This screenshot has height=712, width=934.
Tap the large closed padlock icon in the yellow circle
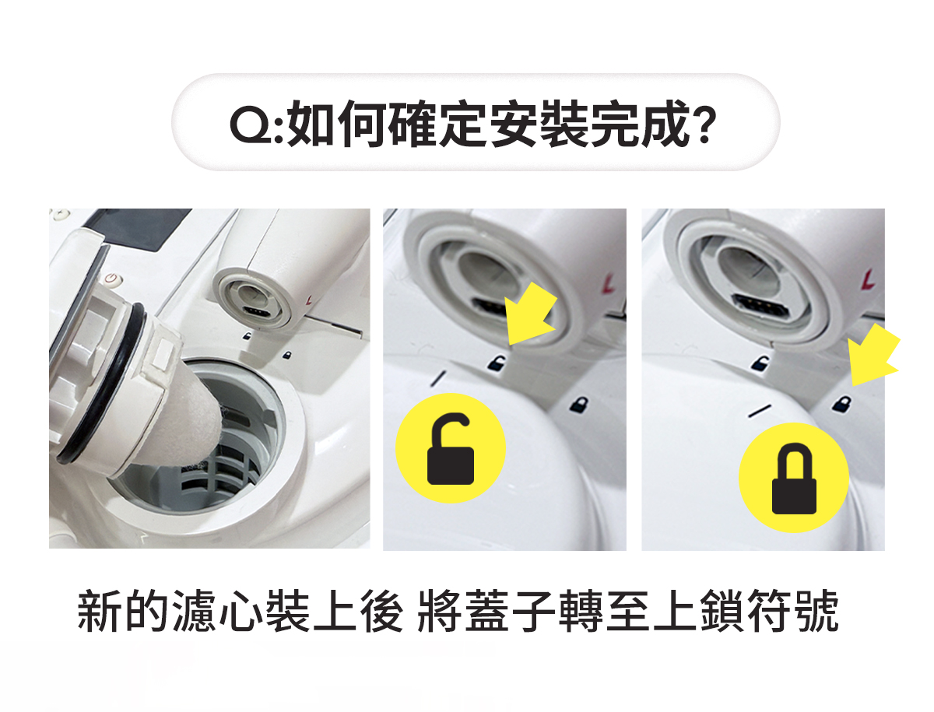(794, 481)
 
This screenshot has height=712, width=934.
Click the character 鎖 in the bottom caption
(721, 611)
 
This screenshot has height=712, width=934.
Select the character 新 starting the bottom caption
(98, 611)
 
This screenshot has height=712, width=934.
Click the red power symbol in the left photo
(112, 279)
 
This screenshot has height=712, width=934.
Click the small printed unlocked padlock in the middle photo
(496, 363)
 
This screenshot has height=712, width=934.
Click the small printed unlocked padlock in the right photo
(760, 363)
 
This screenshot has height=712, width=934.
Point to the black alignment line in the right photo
(760, 411)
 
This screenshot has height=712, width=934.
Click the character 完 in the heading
(616, 124)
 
